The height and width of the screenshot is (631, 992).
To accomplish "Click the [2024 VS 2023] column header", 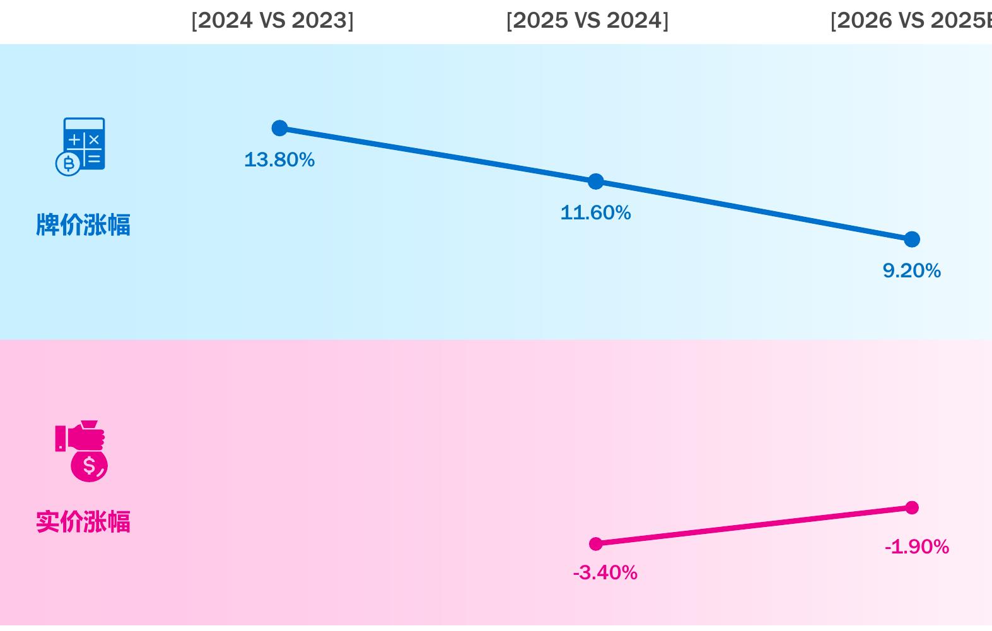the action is click(x=272, y=20).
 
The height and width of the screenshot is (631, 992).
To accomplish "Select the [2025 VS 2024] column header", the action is click(x=587, y=20).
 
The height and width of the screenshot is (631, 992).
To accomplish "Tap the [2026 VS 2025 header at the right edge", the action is click(x=911, y=20).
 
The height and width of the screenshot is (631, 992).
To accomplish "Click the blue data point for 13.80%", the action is click(x=279, y=128).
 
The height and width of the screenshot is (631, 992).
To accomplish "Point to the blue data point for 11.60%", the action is click(x=596, y=181).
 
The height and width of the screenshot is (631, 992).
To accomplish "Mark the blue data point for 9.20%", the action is click(x=912, y=239).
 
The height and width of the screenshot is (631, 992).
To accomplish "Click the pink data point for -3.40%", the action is click(x=596, y=544).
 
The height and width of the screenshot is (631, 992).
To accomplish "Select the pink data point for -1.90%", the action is click(x=912, y=507).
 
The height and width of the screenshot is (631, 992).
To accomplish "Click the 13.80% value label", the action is click(x=279, y=160).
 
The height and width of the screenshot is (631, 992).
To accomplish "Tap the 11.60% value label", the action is click(x=596, y=213).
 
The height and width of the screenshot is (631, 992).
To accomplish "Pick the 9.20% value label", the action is click(x=912, y=271).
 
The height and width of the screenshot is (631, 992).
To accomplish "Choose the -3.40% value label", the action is click(x=605, y=573).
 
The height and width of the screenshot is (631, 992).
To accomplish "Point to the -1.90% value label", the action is click(x=917, y=547).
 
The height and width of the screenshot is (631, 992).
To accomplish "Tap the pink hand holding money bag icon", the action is click(x=81, y=451).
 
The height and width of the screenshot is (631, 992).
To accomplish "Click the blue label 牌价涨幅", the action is click(x=83, y=225).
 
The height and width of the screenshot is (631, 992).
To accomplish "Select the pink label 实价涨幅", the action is click(x=83, y=522).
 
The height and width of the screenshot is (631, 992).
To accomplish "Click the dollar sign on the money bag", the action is click(x=89, y=466).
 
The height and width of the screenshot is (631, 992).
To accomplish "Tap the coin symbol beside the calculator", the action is click(x=68, y=164).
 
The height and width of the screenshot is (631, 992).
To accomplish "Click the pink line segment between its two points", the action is click(x=754, y=526).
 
